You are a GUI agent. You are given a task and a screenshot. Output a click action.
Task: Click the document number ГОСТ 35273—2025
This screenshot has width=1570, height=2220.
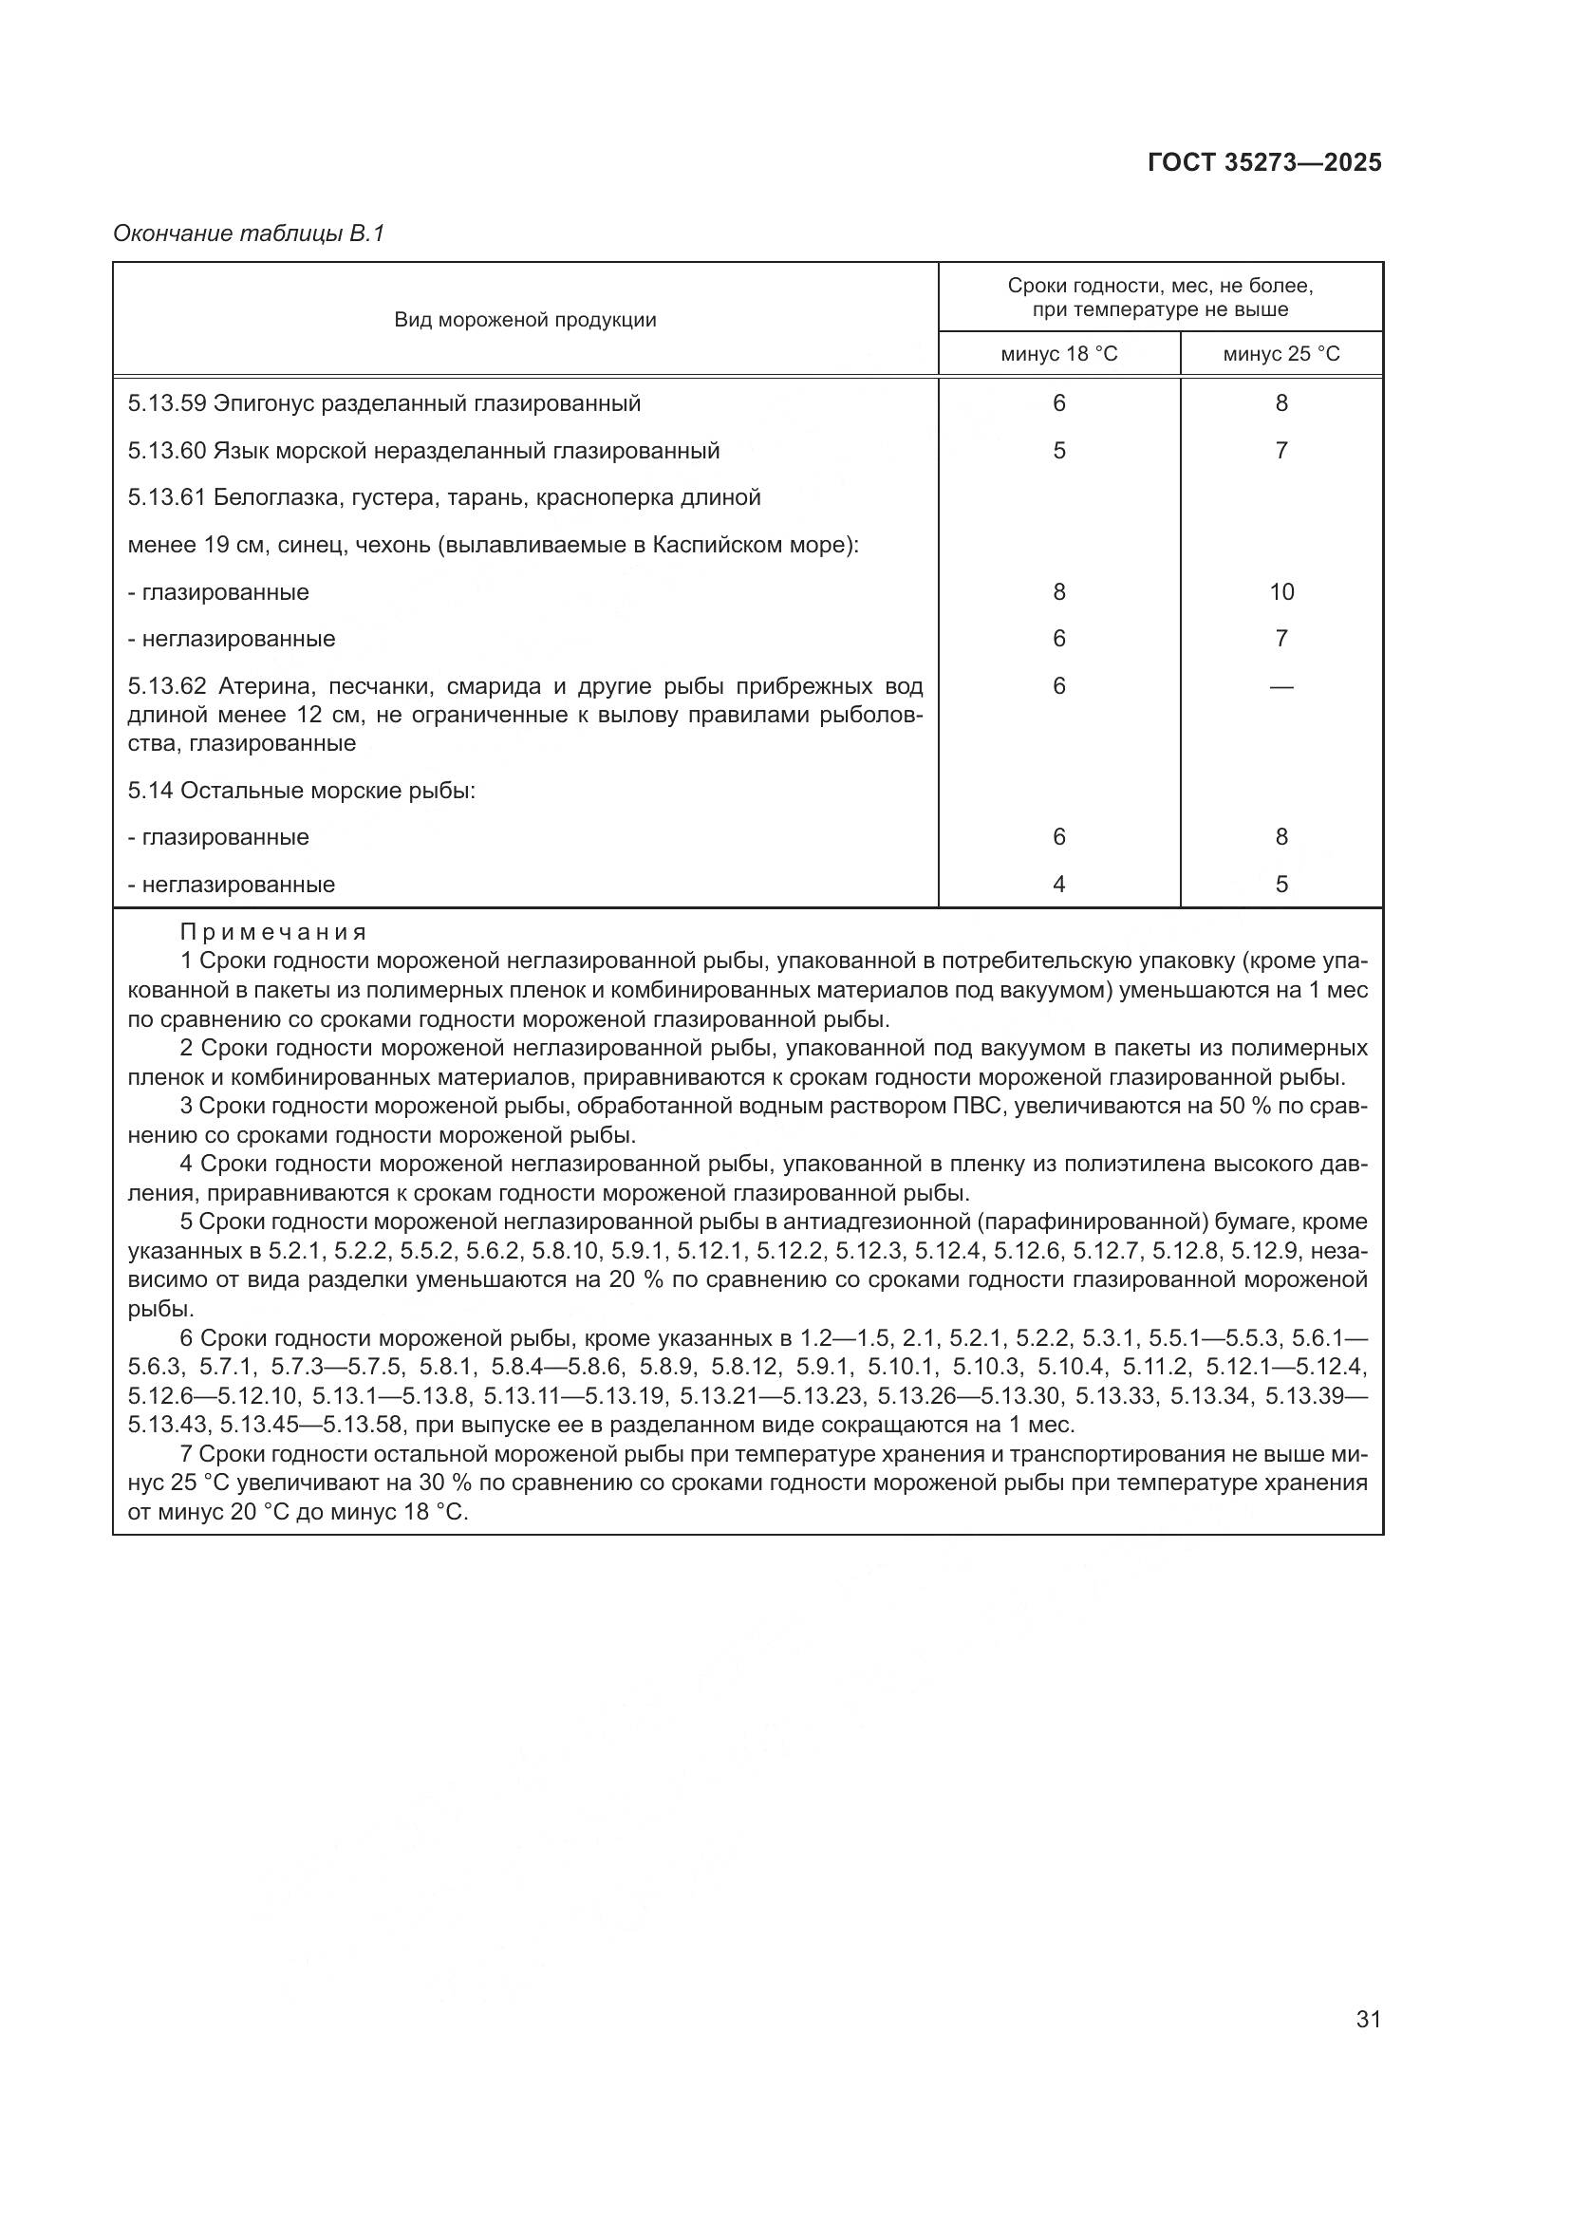1264,162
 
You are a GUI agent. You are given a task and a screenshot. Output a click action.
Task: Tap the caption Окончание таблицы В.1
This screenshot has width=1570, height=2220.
250,233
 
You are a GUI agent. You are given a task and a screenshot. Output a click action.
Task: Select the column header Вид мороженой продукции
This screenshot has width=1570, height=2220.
525,320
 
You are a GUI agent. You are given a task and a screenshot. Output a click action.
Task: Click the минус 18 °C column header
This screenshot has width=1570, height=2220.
1058,354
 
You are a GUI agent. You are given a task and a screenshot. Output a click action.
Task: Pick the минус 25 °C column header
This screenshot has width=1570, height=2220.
1280,354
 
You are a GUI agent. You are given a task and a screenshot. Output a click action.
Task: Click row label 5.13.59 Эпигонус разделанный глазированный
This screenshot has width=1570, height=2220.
383,403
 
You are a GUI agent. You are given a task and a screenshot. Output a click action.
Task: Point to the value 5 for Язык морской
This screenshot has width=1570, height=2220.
1058,451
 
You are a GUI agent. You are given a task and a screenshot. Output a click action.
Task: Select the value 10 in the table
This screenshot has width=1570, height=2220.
1280,591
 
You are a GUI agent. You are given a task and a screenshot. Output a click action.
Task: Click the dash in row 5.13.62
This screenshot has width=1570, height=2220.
1280,686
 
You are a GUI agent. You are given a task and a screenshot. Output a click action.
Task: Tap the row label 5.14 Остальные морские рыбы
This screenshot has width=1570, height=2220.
302,790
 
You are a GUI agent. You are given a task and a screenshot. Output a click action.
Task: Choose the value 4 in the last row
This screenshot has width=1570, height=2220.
1058,884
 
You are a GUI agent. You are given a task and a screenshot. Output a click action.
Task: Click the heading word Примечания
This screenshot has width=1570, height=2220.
273,932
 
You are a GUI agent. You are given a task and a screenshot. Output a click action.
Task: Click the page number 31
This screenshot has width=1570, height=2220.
1368,2019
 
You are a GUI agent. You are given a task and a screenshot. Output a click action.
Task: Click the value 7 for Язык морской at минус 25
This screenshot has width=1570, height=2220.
1280,451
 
